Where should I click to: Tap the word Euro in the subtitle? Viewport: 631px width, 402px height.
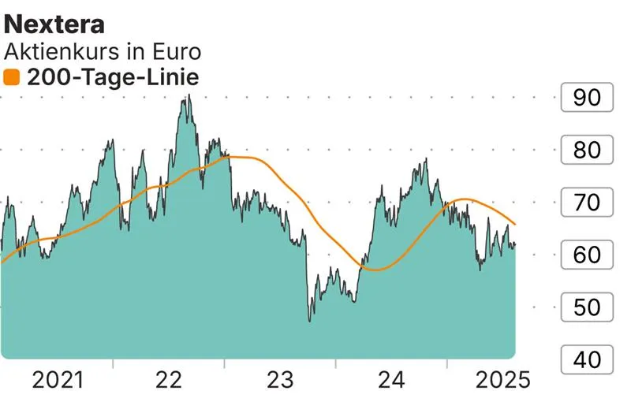[174, 51]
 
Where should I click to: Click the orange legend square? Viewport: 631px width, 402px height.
[12, 77]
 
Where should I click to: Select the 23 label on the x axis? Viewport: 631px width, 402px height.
[280, 382]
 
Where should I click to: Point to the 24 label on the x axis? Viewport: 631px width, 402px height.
[391, 382]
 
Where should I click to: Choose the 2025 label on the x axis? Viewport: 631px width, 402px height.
[502, 382]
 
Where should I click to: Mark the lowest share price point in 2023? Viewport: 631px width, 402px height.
[310, 321]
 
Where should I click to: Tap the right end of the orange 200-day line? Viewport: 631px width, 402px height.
[515, 225]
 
